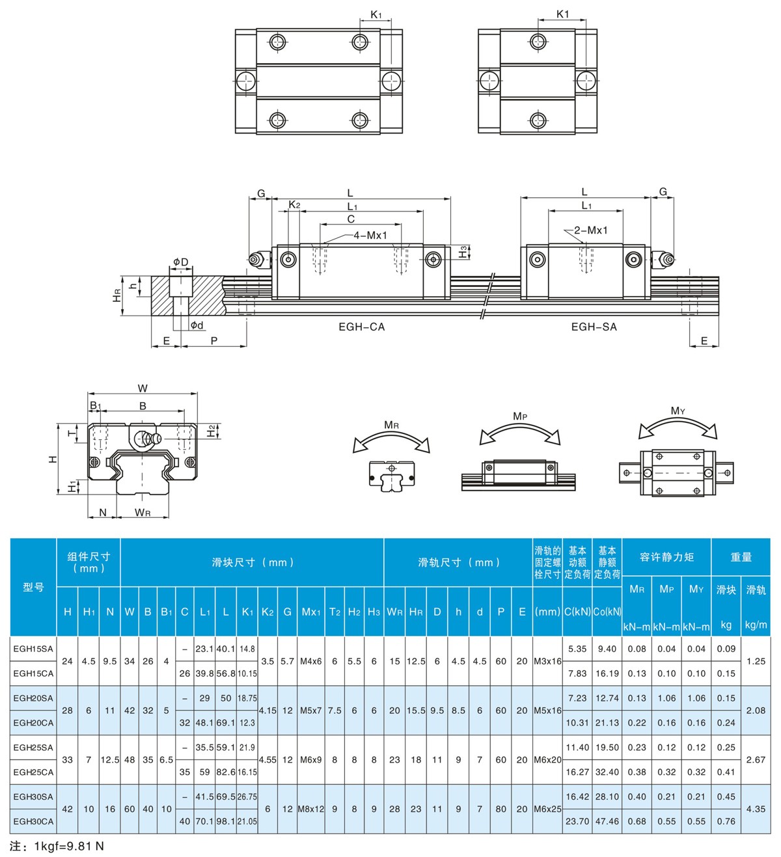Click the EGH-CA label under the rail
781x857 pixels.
pyautogui.click(x=362, y=327)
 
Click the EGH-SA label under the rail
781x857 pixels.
pyautogui.click(x=594, y=327)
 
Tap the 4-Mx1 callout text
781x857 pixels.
pyautogui.click(x=370, y=235)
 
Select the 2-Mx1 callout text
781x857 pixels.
pyautogui.click(x=591, y=230)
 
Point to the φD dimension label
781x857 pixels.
pyautogui.click(x=181, y=262)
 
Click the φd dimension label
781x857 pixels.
pyautogui.click(x=197, y=325)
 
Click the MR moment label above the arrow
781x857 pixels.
pyautogui.click(x=391, y=425)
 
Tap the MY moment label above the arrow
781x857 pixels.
pyautogui.click(x=678, y=411)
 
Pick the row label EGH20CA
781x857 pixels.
pyautogui.click(x=33, y=723)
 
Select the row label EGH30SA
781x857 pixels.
pyautogui.click(x=33, y=796)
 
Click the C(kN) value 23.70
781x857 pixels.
pyautogui.click(x=577, y=822)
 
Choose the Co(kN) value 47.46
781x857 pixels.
pyautogui.click(x=607, y=822)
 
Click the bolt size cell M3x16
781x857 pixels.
pyautogui.click(x=547, y=661)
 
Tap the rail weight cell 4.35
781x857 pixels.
pyautogui.click(x=756, y=809)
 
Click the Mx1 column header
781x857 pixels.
pyautogui.click(x=311, y=612)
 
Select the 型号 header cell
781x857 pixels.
pyautogui.click(x=33, y=588)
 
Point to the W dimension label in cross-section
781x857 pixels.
pyautogui.click(x=143, y=388)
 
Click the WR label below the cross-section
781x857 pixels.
pyautogui.click(x=143, y=513)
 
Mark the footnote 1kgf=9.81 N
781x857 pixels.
pyautogui.click(x=69, y=847)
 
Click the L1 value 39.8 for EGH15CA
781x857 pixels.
pyautogui.click(x=204, y=673)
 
